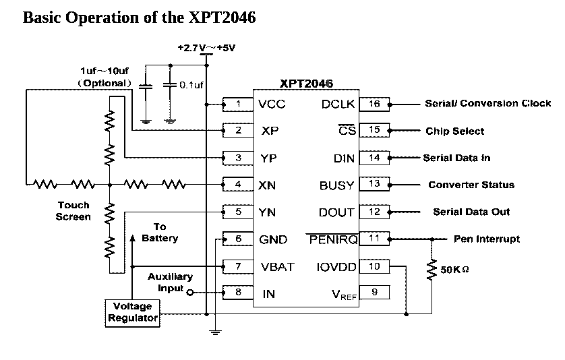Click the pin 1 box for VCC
pyautogui.click(x=239, y=104)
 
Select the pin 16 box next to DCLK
pyautogui.click(x=375, y=104)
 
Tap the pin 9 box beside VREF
pyautogui.click(x=375, y=293)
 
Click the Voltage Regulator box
pyautogui.click(x=132, y=312)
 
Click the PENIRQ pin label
pyautogui.click(x=331, y=239)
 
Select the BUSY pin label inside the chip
pyautogui.click(x=336, y=185)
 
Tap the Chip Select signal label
pyautogui.click(x=455, y=131)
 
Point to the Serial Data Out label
pyautogui.click(x=471, y=212)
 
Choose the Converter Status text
pyautogui.click(x=471, y=185)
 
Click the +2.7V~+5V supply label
pyautogui.click(x=206, y=49)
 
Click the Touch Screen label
pyautogui.click(x=73, y=211)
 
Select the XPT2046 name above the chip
pyautogui.click(x=307, y=84)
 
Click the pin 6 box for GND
pyautogui.click(x=239, y=239)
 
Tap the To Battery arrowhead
pyautogui.click(x=132, y=238)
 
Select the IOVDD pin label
pyautogui.click(x=335, y=267)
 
